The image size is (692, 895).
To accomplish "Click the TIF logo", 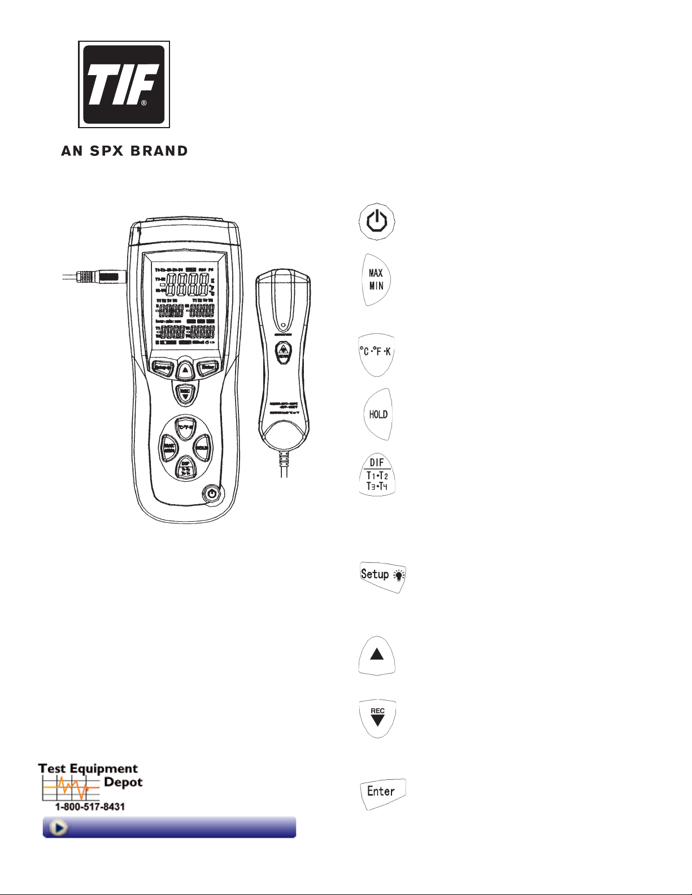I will click(124, 84).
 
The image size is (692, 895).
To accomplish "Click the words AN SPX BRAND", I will click(124, 151).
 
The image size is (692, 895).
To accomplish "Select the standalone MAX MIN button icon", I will click(376, 280).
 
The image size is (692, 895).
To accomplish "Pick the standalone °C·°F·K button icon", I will click(376, 352).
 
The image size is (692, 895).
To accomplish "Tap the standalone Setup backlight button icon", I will click(382, 576).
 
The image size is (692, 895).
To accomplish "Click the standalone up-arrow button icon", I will click(377, 655).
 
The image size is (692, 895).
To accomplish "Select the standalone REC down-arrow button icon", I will click(377, 718).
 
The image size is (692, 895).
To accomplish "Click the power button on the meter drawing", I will click(211, 494).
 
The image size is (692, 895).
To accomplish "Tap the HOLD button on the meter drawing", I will click(202, 448).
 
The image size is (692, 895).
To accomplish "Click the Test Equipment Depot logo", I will click(90, 782).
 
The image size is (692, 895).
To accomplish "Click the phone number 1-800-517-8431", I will click(90, 806).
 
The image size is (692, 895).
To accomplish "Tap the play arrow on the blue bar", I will click(58, 827).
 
